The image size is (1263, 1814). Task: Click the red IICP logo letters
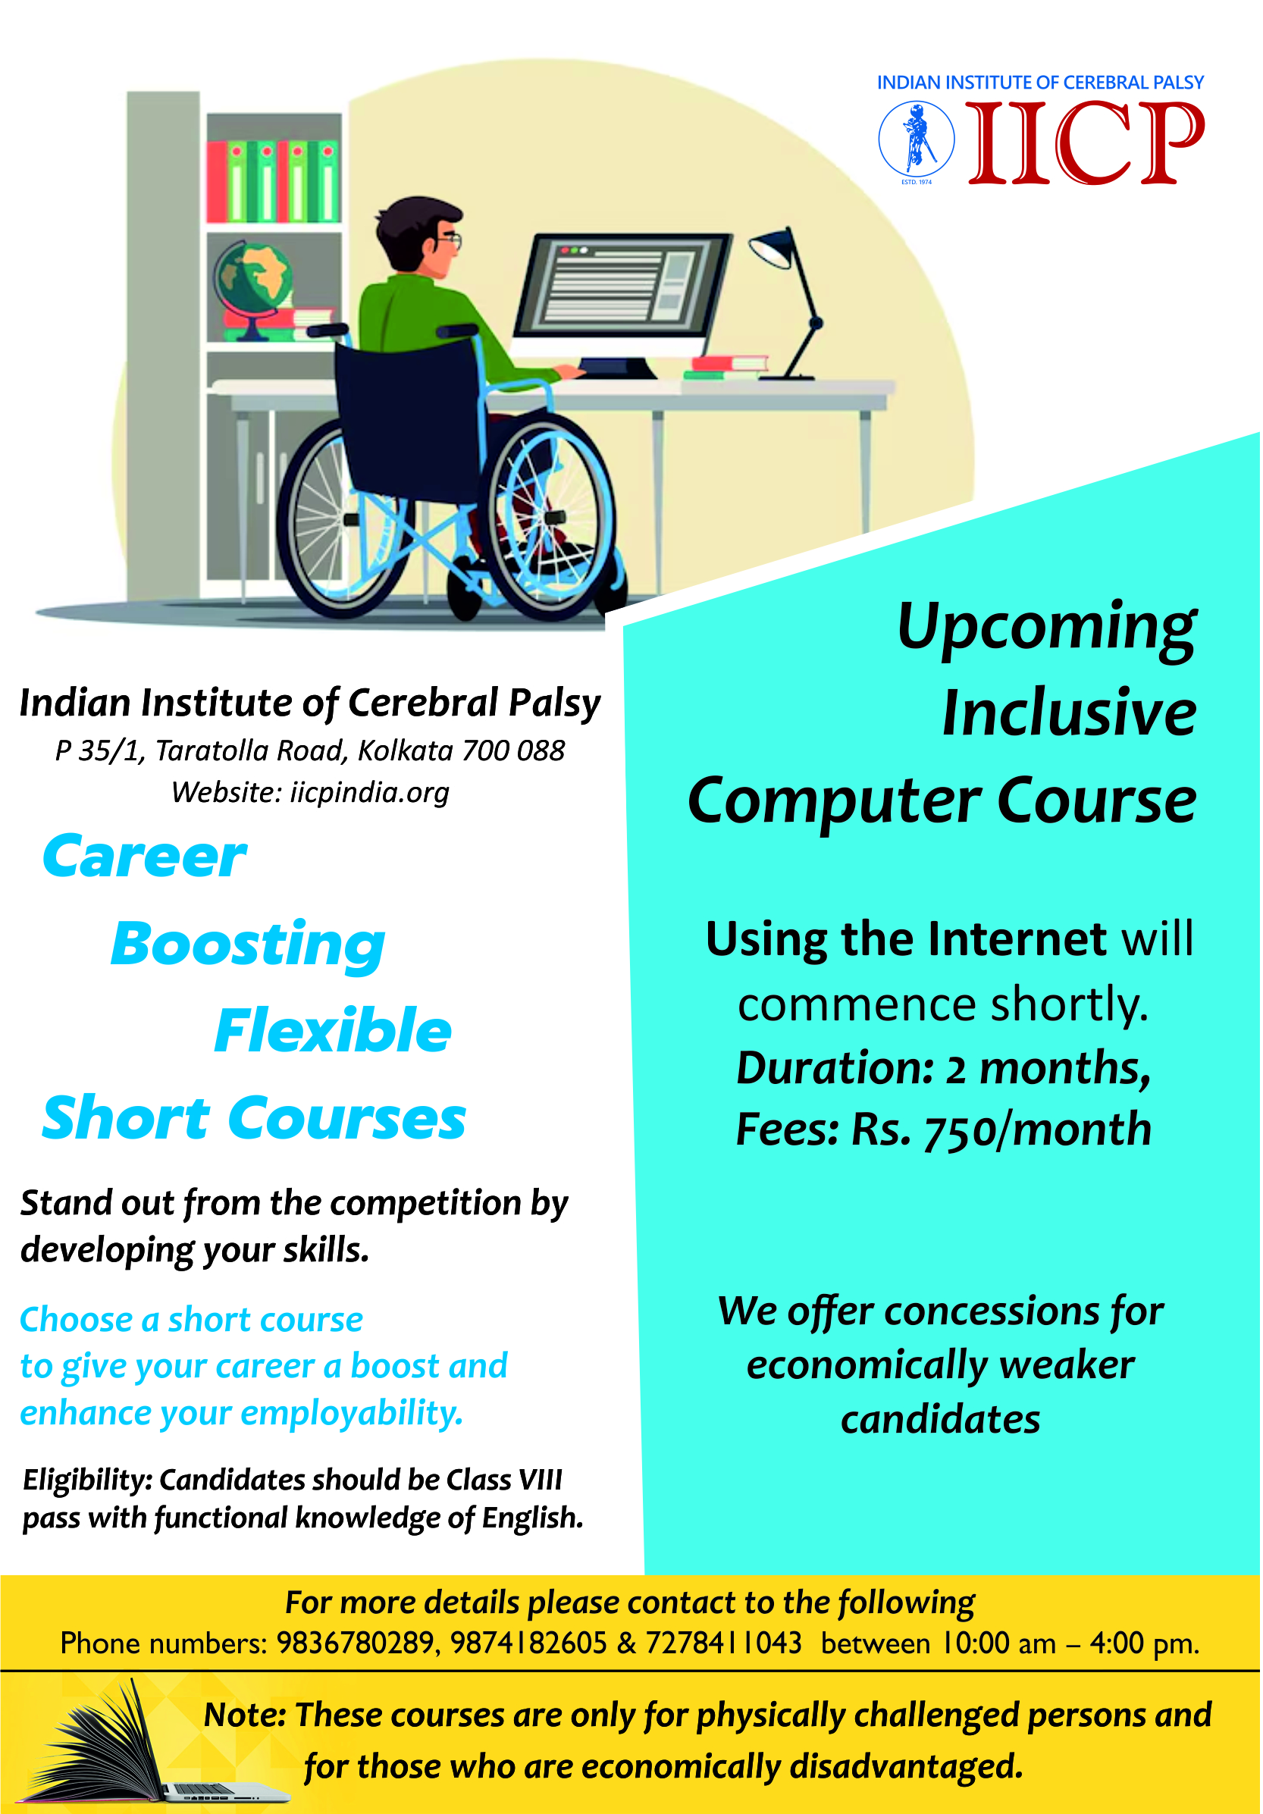pos(1086,143)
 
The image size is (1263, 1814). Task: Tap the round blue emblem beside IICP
pos(916,139)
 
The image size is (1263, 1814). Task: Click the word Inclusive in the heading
pos(1070,713)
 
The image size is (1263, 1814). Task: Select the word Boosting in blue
pos(248,946)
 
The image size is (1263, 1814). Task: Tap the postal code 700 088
pos(514,750)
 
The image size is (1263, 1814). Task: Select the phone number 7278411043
pos(723,1643)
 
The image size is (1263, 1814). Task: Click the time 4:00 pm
pos(1145,1644)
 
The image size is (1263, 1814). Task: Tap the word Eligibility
pos(87,1480)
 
